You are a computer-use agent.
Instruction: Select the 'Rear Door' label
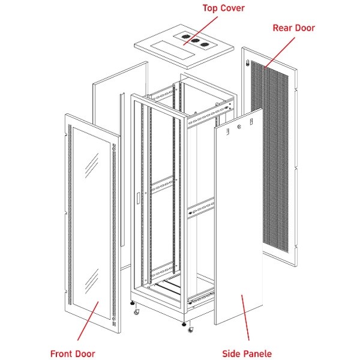click(293, 28)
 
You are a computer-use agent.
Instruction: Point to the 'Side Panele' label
click(246, 353)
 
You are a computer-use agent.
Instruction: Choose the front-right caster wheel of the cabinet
click(191, 329)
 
